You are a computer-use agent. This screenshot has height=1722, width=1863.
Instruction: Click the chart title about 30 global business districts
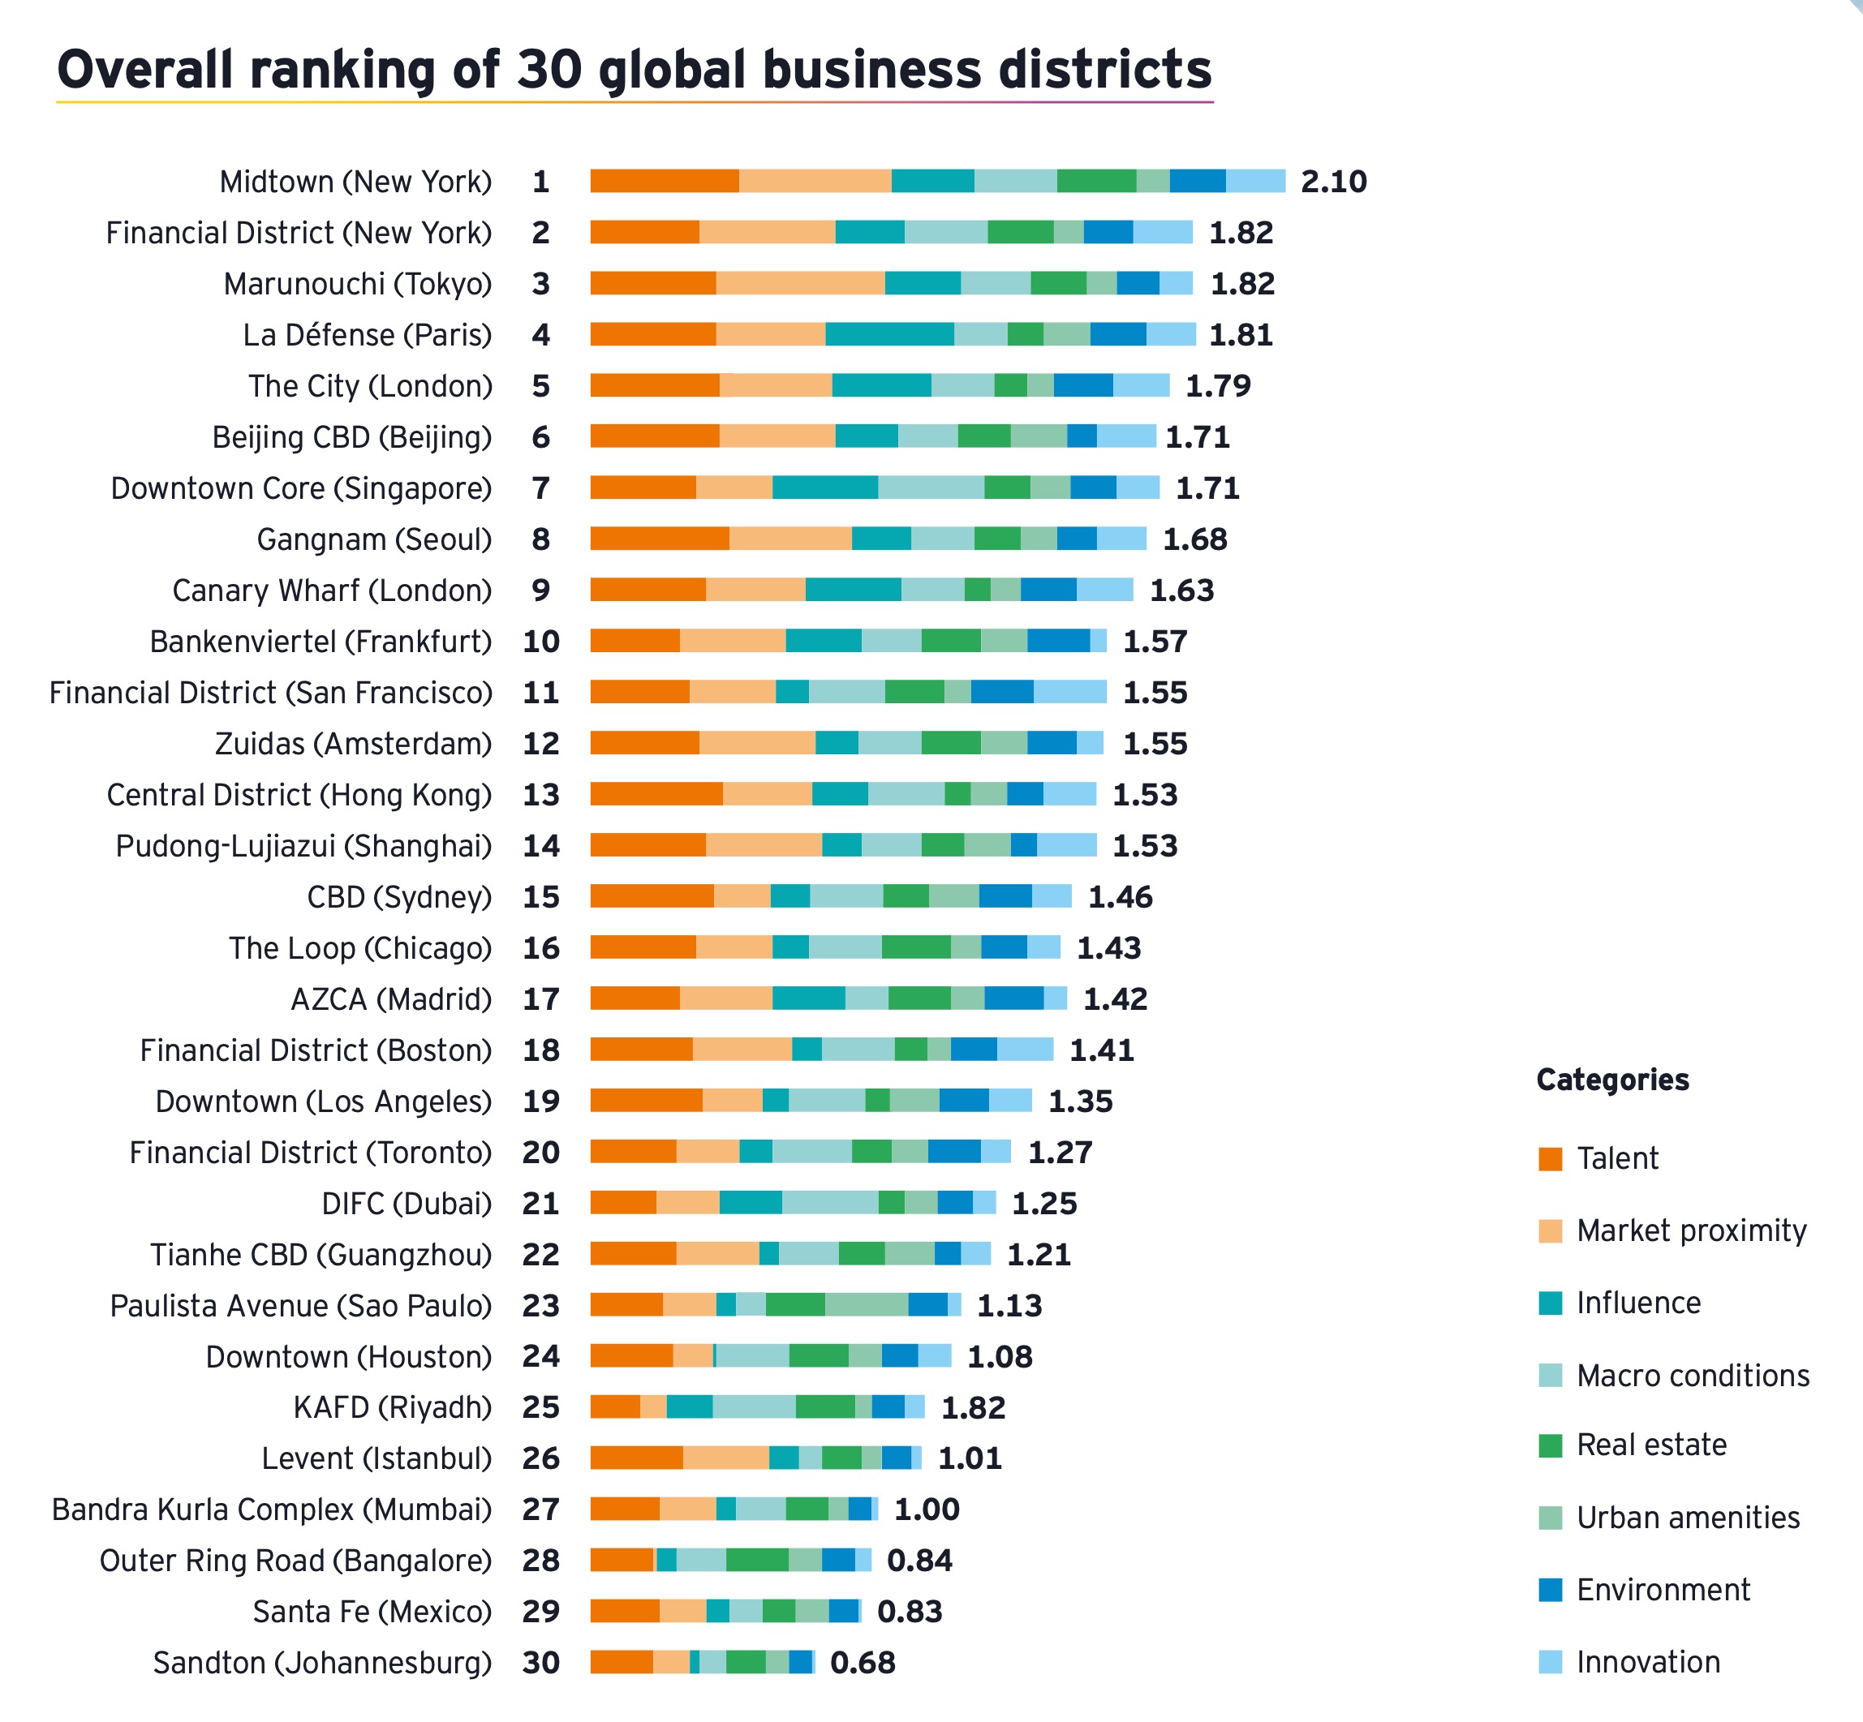[x=634, y=70]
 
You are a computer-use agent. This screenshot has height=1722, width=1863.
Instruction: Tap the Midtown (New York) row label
[x=355, y=182]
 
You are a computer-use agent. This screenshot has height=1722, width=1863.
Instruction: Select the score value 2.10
[x=1334, y=182]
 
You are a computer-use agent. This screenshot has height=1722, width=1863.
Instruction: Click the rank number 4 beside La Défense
[x=540, y=334]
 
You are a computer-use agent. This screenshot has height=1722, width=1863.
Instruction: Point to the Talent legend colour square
[x=1550, y=1158]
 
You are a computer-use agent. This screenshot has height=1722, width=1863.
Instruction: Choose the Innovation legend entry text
[x=1648, y=1661]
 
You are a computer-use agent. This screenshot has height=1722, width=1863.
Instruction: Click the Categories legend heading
[x=1612, y=1079]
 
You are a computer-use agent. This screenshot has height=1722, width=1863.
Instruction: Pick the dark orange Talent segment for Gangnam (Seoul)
[x=659, y=539]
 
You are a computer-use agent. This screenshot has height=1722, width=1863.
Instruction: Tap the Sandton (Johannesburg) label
[x=321, y=1662]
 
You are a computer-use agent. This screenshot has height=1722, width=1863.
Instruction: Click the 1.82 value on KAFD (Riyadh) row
[x=973, y=1407]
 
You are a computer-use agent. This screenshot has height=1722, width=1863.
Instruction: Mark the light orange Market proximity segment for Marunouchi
[x=799, y=283]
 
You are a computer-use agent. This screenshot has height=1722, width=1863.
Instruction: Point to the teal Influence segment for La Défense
[x=889, y=334]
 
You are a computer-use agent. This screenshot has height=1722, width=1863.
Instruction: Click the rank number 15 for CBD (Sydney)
[x=540, y=896]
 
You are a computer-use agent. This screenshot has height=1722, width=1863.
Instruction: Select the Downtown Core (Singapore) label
[x=301, y=488]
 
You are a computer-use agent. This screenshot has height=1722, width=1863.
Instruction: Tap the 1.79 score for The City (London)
[x=1217, y=386]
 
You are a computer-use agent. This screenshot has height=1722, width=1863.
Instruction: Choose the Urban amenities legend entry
[x=1687, y=1517]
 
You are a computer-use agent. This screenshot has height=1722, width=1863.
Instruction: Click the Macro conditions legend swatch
[x=1550, y=1376]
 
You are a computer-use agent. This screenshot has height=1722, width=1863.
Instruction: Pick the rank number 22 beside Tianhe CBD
[x=540, y=1254]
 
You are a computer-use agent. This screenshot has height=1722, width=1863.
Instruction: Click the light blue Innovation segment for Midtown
[x=1254, y=182]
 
